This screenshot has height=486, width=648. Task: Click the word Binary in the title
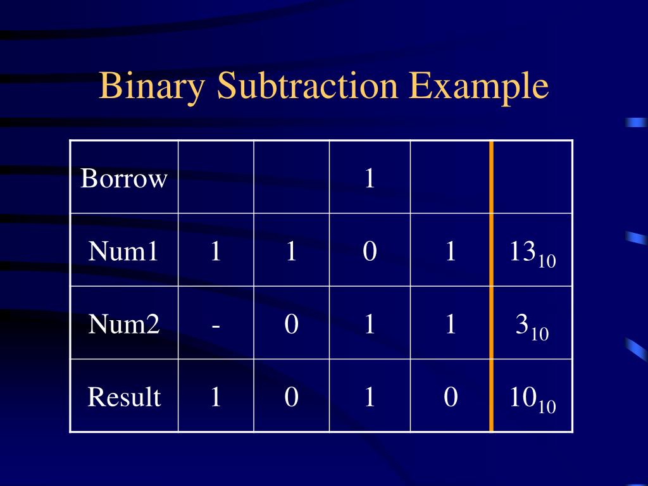[153, 86]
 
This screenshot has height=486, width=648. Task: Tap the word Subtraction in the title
[307, 86]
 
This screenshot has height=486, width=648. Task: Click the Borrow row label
[124, 179]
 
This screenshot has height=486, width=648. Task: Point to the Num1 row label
[123, 252]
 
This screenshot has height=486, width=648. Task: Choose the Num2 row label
[124, 325]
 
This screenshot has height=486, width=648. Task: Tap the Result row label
[124, 397]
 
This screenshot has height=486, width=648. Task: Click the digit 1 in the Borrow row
[370, 179]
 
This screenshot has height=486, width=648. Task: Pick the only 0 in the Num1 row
[370, 252]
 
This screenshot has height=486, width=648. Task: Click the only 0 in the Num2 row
[291, 325]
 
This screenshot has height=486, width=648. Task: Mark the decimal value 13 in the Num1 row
[523, 252]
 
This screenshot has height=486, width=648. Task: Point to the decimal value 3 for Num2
[523, 325]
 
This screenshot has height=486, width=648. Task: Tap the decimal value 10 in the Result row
[523, 397]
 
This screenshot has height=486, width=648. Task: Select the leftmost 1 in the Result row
[216, 397]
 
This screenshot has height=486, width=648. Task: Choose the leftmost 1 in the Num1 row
[216, 252]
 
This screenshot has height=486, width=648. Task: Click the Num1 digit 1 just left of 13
[450, 252]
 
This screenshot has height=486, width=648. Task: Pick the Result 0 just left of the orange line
[450, 397]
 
